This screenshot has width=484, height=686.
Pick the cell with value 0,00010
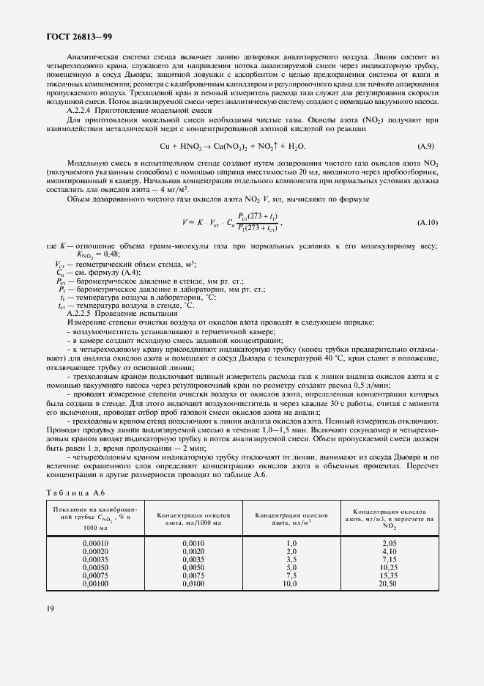click(x=95, y=542)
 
